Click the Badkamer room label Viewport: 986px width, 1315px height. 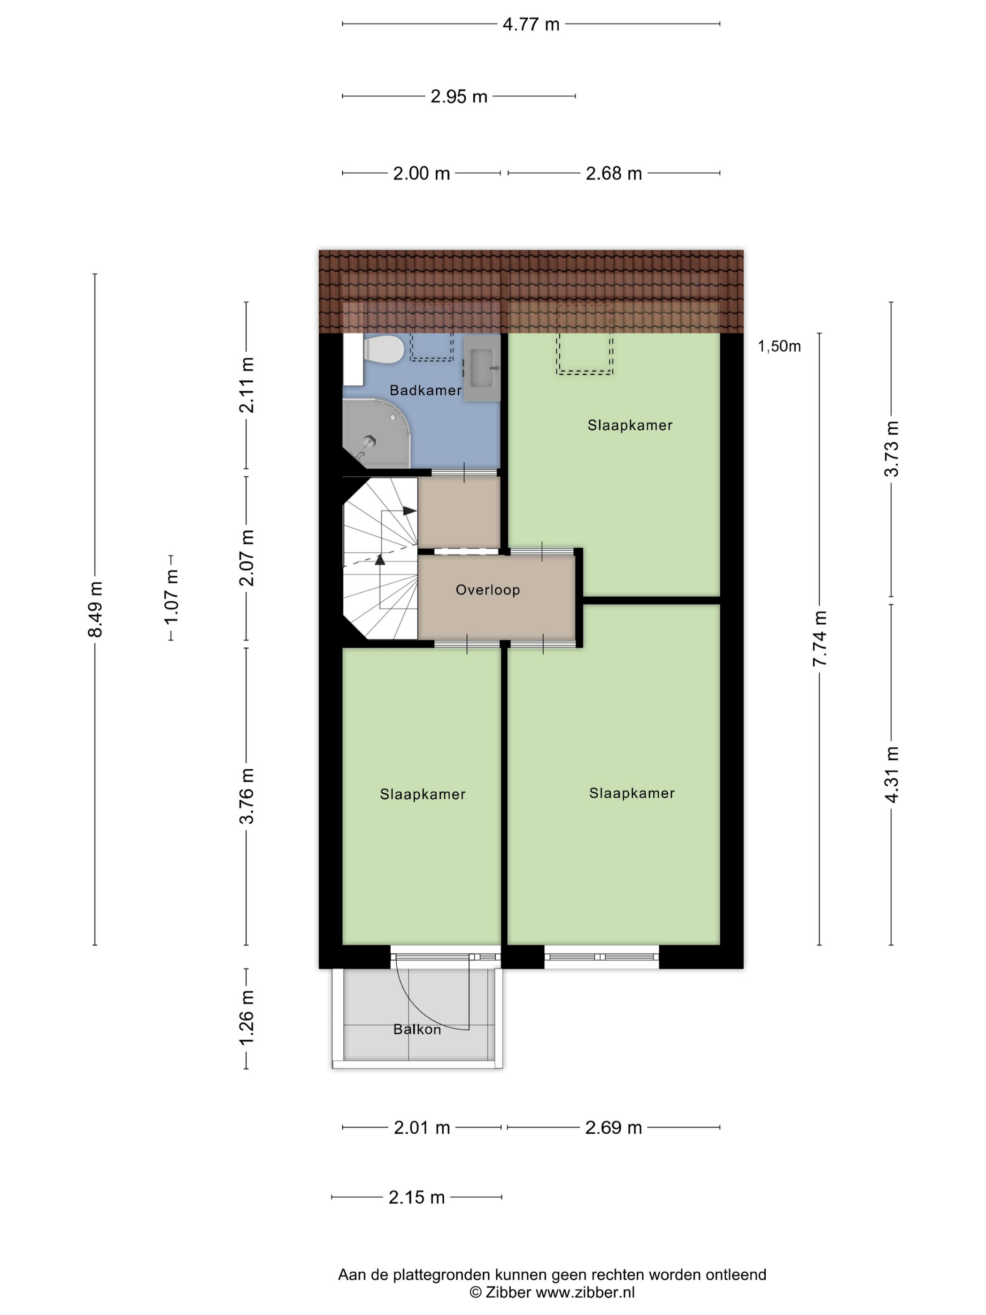(425, 390)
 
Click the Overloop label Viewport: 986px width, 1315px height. (487, 590)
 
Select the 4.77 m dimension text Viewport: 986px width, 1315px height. (531, 24)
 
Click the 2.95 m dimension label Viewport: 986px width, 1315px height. (459, 96)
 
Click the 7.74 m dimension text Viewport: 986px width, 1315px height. (820, 638)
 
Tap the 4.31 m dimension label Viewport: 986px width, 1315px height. (892, 774)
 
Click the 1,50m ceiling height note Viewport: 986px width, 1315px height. (779, 346)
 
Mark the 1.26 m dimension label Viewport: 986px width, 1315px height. (246, 1017)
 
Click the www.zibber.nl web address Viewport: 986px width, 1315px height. (585, 1292)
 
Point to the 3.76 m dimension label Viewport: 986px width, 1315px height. (246, 796)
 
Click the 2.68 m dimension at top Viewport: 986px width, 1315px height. (614, 174)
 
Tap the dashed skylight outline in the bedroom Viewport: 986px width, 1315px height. (584, 339)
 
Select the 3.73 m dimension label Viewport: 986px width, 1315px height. (892, 449)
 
